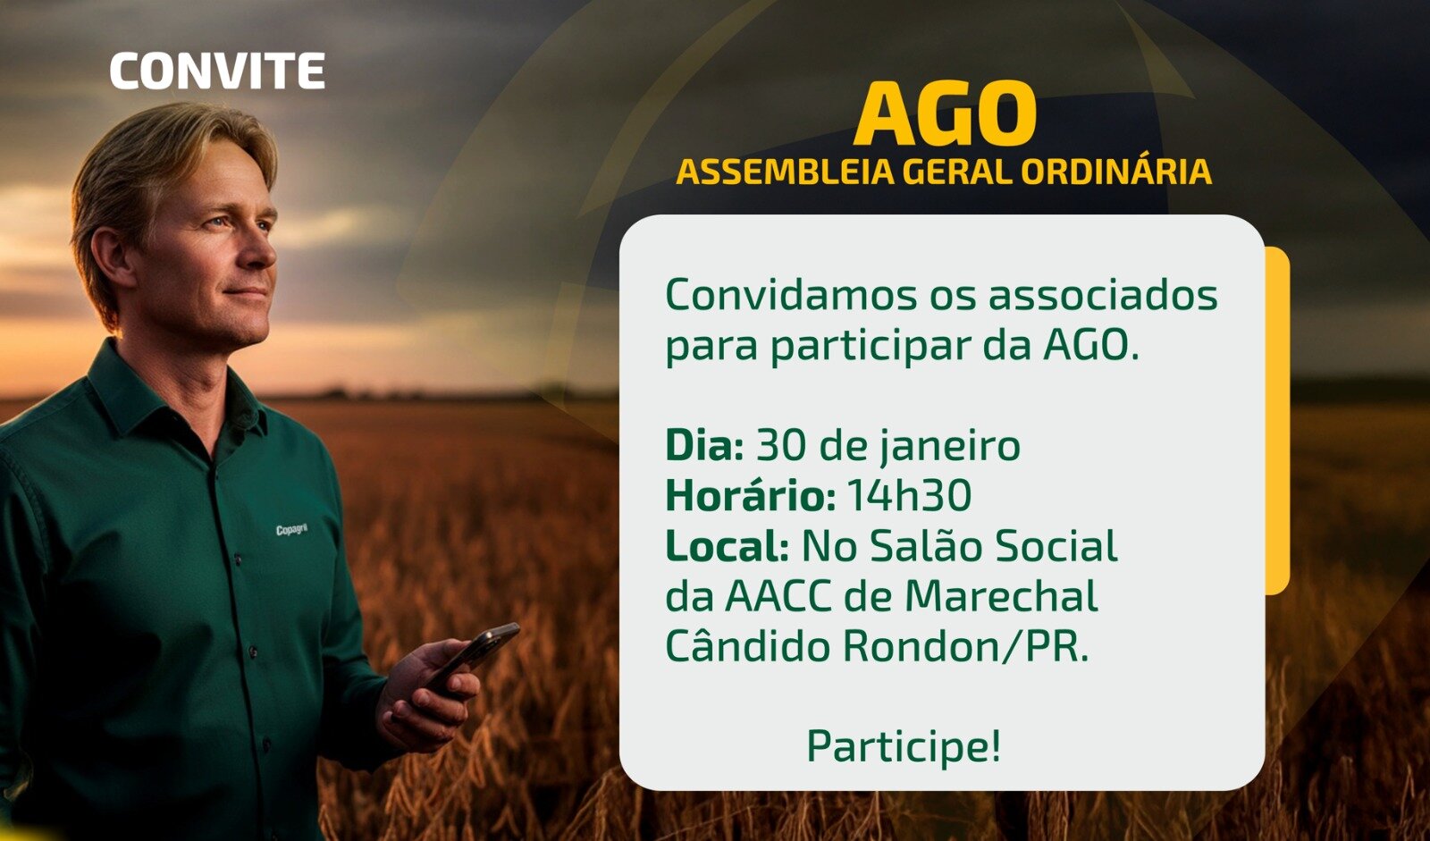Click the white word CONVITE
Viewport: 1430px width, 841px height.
pyautogui.click(x=217, y=71)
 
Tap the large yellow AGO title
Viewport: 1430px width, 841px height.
pyautogui.click(x=945, y=114)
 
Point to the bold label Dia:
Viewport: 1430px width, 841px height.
pyautogui.click(x=704, y=445)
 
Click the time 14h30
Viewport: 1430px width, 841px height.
pyautogui.click(x=909, y=496)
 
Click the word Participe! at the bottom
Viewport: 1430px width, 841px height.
pyautogui.click(x=904, y=746)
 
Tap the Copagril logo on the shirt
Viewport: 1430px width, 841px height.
pyautogui.click(x=291, y=530)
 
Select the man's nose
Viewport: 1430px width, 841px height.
pyautogui.click(x=260, y=245)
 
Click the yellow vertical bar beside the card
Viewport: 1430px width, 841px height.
pyautogui.click(x=1277, y=420)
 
